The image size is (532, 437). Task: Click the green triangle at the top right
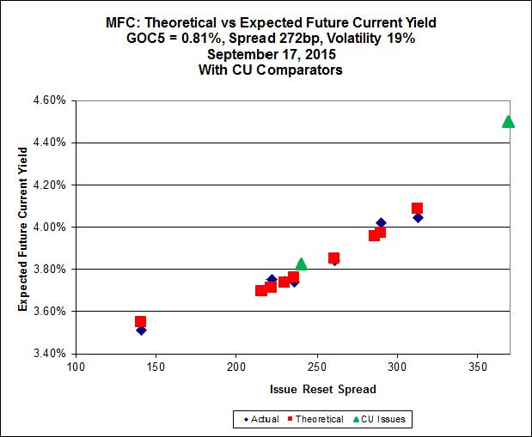508,121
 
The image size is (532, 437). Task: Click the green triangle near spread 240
301,264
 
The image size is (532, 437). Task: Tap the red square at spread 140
140,322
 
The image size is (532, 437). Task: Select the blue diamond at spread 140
141,330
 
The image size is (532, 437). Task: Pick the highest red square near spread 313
417,208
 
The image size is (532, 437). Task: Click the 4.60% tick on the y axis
48,100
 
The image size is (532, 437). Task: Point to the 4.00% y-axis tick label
48,227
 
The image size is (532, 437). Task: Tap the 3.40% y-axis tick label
48,353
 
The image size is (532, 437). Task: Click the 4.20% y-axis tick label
48,185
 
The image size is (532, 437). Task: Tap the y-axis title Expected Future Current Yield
23,227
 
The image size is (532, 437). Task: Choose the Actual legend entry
261,420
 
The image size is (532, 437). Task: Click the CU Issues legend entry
384,420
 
